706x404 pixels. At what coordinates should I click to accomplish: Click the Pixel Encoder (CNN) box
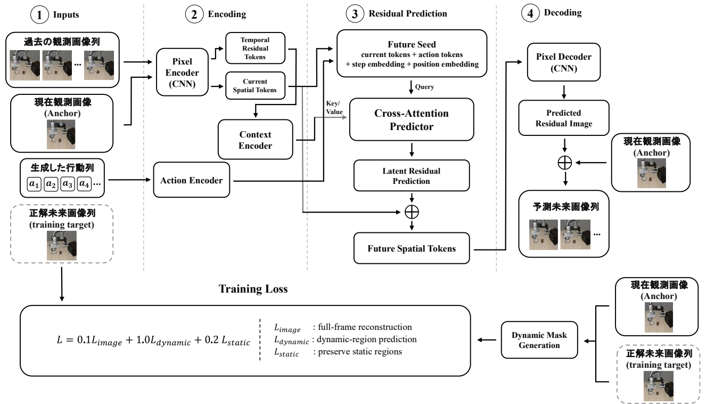click(x=182, y=72)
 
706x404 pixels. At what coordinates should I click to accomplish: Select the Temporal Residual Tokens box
click(x=255, y=48)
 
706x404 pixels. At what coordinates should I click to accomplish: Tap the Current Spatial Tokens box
click(x=255, y=85)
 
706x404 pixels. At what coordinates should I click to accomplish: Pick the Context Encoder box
click(x=255, y=140)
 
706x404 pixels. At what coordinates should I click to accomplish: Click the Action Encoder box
click(x=192, y=180)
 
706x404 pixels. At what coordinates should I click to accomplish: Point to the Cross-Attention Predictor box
click(x=412, y=119)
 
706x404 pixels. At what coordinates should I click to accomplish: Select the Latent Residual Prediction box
click(x=412, y=175)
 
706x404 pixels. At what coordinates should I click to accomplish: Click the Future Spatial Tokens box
click(x=412, y=248)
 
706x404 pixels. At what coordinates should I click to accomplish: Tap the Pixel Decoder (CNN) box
click(x=564, y=62)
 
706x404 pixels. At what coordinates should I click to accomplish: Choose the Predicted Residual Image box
click(x=564, y=118)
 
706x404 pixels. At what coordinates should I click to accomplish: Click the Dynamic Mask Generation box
click(x=539, y=340)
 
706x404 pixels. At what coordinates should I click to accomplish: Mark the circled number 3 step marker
click(x=355, y=14)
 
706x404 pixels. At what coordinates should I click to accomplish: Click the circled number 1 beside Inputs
click(x=39, y=15)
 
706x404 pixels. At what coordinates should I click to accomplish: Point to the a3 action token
click(x=68, y=184)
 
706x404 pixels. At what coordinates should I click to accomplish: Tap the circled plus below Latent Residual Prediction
click(x=412, y=212)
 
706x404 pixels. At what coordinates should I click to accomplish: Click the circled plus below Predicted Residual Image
click(x=565, y=163)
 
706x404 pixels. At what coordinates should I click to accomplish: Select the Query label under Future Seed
click(x=424, y=87)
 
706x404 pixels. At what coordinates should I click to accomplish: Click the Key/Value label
click(x=334, y=108)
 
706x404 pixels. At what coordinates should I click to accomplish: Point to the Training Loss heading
click(x=253, y=289)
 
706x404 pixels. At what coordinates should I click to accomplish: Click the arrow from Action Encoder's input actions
click(x=129, y=180)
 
